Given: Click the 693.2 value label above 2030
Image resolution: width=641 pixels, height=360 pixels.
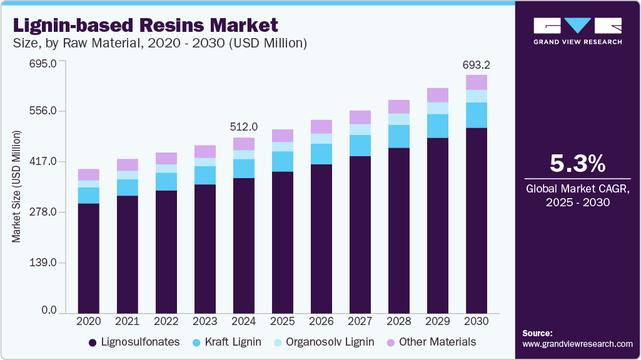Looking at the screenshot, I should click(x=476, y=64).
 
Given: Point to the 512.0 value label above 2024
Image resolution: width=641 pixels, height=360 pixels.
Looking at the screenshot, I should click(x=243, y=127).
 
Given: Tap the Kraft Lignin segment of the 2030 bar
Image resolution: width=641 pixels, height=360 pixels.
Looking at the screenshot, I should click(x=476, y=115).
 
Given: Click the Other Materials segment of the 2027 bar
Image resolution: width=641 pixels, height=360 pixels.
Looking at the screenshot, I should click(x=360, y=117).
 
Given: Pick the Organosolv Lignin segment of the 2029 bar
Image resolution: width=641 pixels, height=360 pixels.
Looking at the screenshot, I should click(x=437, y=108).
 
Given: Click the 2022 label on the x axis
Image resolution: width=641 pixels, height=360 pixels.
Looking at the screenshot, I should click(x=166, y=321).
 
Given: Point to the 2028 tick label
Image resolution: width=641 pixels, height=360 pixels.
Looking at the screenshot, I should click(x=398, y=321).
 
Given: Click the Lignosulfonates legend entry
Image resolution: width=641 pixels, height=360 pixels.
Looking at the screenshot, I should click(x=134, y=342).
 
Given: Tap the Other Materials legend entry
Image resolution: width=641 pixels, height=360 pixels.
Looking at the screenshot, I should click(x=432, y=342).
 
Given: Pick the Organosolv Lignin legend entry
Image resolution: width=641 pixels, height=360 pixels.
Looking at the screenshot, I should click(x=325, y=342).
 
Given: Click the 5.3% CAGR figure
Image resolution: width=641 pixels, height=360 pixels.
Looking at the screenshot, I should click(x=577, y=164).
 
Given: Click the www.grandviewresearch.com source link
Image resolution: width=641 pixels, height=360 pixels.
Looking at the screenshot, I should click(x=577, y=344).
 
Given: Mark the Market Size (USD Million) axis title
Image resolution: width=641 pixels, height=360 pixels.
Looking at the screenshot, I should click(x=16, y=187).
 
